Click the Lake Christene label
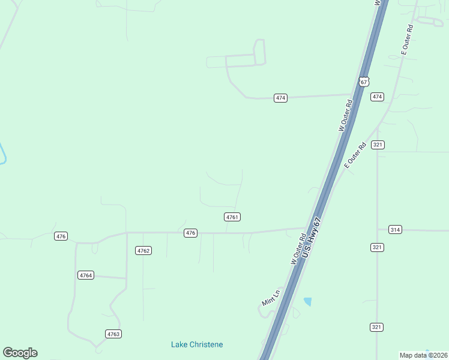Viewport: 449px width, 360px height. click(197, 344)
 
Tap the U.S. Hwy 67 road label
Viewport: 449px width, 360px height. click(313, 239)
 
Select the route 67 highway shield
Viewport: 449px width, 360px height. click(364, 82)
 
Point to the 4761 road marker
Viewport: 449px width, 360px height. click(233, 217)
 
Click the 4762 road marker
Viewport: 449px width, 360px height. click(143, 251)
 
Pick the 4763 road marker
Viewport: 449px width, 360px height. click(113, 334)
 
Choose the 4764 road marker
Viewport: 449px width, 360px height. click(86, 275)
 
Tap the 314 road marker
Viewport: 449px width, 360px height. click(394, 230)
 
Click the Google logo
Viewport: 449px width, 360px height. click(20, 353)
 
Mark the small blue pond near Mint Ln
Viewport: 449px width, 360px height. click(308, 301)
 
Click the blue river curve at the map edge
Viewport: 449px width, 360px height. click(3, 155)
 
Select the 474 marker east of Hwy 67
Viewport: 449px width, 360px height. click(377, 97)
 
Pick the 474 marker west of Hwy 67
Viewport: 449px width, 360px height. click(280, 98)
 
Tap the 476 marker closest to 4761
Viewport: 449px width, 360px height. click(190, 233)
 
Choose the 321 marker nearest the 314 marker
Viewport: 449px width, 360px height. click(377, 247)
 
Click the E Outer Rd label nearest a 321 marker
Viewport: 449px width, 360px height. click(355, 155)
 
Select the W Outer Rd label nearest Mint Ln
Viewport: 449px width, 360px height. click(298, 249)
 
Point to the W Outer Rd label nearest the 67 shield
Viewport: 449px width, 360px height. click(345, 116)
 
